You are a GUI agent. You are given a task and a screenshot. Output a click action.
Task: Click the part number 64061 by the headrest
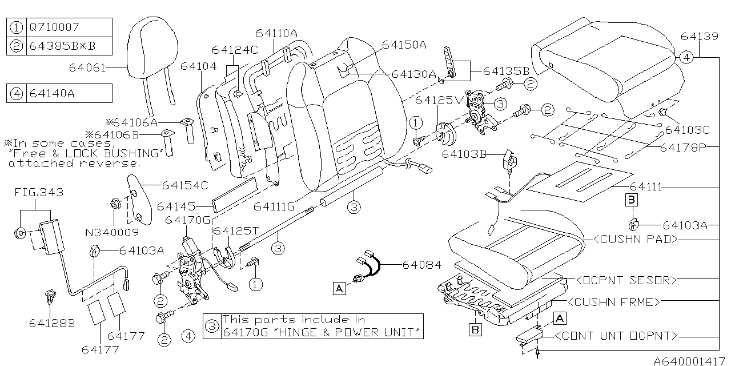coord(87,67)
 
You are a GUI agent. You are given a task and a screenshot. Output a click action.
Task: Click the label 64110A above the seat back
coord(276,34)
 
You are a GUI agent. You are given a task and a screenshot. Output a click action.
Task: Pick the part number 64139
coord(699,37)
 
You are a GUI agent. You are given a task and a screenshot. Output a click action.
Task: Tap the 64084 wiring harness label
coord(421,265)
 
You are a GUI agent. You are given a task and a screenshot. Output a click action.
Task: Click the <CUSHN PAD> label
coord(636,240)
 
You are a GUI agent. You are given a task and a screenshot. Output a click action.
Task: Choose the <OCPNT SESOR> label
coord(626,280)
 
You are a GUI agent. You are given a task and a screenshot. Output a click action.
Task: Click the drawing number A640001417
coord(690,361)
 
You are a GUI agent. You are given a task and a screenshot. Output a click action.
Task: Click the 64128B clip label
coord(52,323)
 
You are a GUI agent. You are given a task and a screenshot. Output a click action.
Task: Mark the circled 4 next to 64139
coord(687,57)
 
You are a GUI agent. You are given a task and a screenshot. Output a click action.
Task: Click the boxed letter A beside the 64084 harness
coord(339,289)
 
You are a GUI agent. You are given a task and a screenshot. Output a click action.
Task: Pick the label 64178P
coord(682,147)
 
